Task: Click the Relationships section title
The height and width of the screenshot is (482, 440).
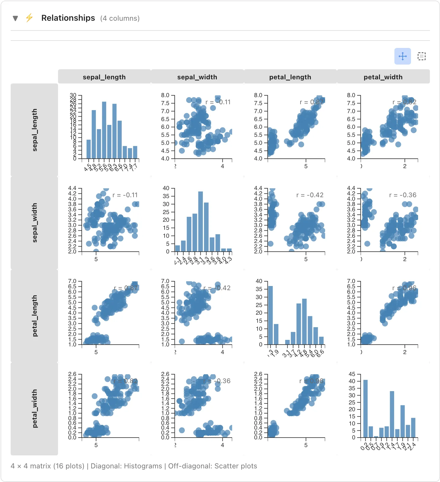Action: (68, 18)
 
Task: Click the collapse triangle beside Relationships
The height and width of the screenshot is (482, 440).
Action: (15, 18)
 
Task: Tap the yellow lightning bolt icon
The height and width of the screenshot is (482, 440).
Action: (29, 18)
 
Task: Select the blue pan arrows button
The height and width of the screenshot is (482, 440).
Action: (402, 56)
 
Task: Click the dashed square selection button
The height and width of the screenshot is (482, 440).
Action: (421, 56)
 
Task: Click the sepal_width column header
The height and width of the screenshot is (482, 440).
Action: (197, 77)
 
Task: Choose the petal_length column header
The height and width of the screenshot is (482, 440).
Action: (290, 77)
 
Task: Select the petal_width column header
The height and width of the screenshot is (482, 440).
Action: (383, 77)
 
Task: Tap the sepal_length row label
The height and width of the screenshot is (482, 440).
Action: (34, 130)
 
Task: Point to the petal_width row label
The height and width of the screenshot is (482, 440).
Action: (34, 409)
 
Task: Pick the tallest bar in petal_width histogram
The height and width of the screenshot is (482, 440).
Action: (365, 409)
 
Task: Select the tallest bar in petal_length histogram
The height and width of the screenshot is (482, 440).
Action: (270, 315)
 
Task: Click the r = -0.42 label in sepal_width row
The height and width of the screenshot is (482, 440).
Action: (310, 195)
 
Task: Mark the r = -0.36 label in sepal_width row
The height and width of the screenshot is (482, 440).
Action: (403, 195)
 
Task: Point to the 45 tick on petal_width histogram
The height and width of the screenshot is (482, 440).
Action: (352, 374)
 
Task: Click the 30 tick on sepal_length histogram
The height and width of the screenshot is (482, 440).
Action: (73, 95)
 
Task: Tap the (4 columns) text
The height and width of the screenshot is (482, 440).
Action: (120, 18)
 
